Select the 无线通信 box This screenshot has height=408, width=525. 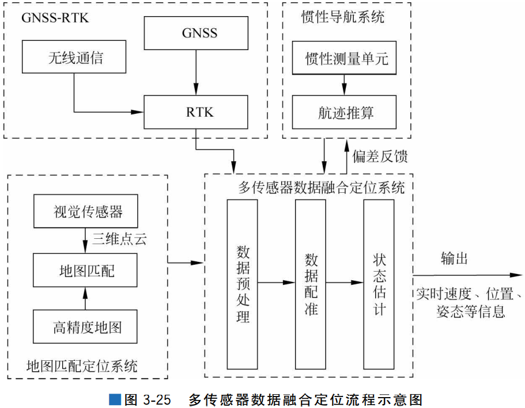tap(74, 56)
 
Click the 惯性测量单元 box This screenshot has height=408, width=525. tap(344, 58)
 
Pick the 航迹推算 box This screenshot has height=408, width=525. tap(344, 112)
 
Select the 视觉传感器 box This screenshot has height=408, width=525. tap(86, 211)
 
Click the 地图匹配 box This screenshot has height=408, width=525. tap(86, 270)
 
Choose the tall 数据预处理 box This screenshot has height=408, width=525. tap(242, 284)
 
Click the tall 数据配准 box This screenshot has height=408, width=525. tap(311, 284)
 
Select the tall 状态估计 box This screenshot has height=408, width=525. tap(379, 284)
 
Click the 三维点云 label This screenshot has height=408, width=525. tap(119, 239)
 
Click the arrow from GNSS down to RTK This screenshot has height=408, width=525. tap(196, 73)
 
